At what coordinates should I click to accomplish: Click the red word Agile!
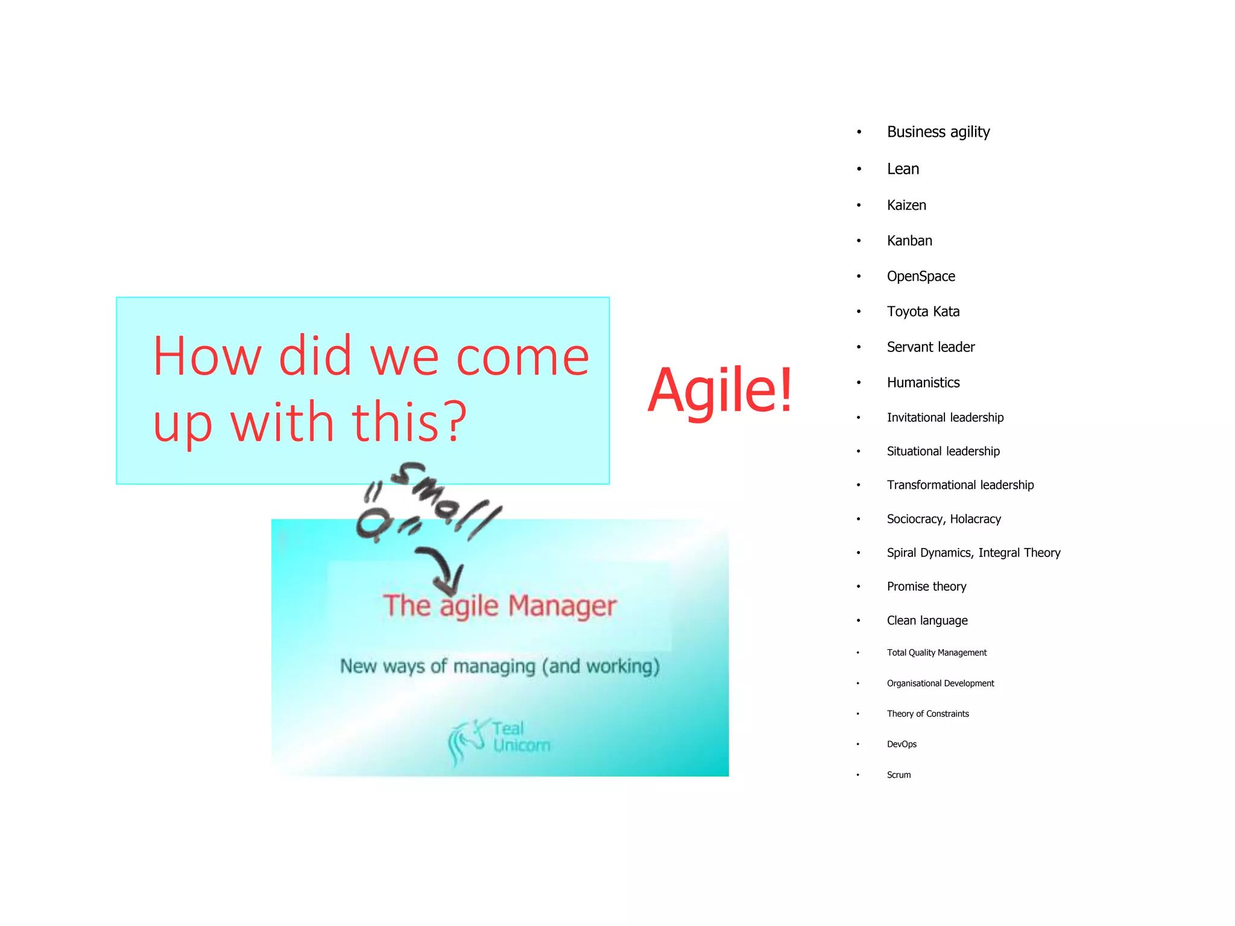click(720, 391)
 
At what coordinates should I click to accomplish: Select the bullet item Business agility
click(938, 132)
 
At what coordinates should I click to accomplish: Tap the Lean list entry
click(903, 169)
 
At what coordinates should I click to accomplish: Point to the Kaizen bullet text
click(906, 206)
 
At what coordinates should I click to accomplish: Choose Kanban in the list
click(909, 241)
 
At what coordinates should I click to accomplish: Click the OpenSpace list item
click(921, 277)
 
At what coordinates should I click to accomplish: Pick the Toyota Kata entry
click(923, 312)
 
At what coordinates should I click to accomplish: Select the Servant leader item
click(930, 347)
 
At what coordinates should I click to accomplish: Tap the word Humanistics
click(923, 383)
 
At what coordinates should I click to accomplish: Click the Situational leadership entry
click(943, 452)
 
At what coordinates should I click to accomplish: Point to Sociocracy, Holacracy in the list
click(943, 519)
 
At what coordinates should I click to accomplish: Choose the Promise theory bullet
click(926, 587)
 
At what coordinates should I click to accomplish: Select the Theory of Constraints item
click(927, 714)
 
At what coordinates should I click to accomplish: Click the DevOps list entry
click(902, 745)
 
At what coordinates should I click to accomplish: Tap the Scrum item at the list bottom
click(899, 775)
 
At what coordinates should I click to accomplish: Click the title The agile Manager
click(499, 606)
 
